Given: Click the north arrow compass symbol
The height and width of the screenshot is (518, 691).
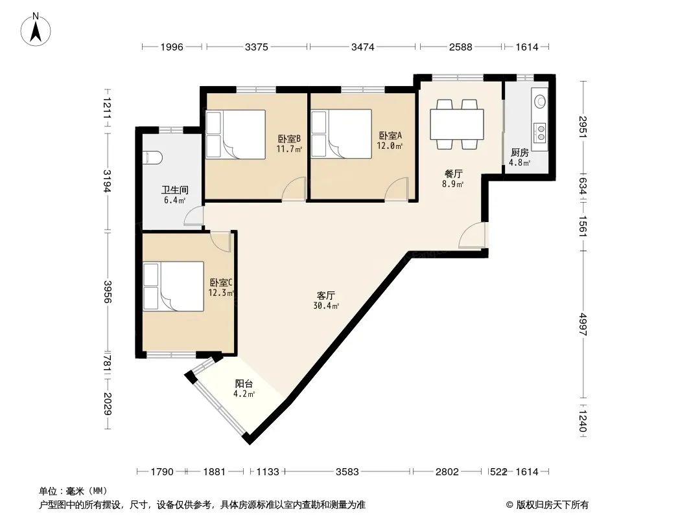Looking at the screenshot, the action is point(36,30).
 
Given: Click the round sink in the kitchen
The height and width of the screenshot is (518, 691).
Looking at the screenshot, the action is point(540,102).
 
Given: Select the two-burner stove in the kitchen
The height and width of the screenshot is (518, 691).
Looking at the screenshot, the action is point(540,133).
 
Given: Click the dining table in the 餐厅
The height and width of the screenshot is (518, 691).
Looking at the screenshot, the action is point(456,124).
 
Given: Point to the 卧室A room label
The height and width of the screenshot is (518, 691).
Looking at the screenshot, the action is point(390,135).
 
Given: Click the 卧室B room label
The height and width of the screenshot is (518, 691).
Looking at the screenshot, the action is point(289,139).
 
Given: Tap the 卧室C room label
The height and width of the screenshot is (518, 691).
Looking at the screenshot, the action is point(221,282).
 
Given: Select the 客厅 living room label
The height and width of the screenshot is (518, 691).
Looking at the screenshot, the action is point(325,295).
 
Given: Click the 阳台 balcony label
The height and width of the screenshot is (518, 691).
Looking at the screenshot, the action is point(244,384).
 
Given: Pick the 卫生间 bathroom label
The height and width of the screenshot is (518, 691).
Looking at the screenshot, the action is point(174,190).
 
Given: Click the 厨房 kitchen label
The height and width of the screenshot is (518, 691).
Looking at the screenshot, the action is point(520,153).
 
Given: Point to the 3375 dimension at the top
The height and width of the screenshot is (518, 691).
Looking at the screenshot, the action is point(257,47).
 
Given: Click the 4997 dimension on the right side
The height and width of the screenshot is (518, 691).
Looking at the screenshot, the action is point(583,324).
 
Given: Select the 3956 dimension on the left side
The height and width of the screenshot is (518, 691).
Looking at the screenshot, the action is point(107,292).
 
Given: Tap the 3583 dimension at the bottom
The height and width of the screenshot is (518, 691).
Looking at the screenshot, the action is point(347,472).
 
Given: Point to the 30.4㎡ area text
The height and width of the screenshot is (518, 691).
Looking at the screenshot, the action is point(326,306).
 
